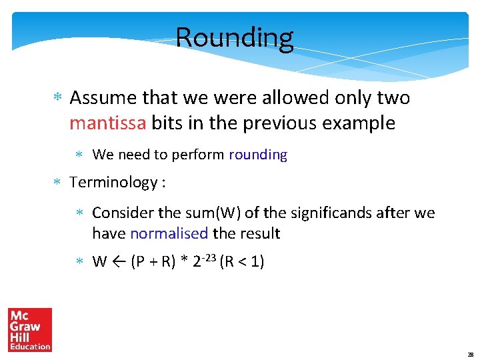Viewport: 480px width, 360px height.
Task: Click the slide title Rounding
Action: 234,38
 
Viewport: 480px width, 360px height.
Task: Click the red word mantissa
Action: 107,123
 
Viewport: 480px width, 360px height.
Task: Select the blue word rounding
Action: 258,155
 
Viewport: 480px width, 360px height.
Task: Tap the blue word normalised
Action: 169,233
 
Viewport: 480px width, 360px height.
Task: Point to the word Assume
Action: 103,98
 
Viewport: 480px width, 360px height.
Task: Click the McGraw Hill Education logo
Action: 30,329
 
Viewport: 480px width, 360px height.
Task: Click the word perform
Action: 198,155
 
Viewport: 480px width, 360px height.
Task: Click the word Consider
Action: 121,213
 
